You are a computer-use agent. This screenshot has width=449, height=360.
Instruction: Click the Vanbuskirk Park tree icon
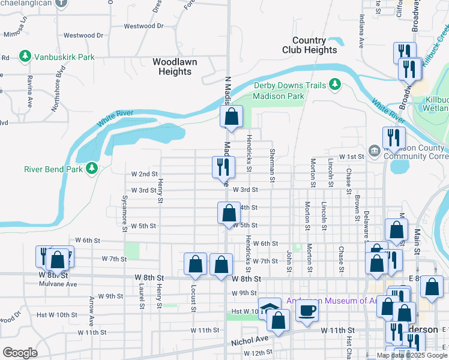click(25, 57)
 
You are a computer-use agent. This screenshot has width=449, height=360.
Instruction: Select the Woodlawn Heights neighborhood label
click(172, 67)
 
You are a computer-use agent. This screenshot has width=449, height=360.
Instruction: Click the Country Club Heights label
click(309, 46)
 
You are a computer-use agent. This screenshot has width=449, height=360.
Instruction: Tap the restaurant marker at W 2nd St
click(221, 167)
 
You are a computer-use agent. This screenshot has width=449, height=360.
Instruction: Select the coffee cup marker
click(307, 310)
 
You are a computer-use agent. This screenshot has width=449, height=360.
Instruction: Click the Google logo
click(20, 353)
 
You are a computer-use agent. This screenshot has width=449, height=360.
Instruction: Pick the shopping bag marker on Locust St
click(195, 264)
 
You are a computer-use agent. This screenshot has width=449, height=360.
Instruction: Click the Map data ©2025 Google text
click(412, 355)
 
